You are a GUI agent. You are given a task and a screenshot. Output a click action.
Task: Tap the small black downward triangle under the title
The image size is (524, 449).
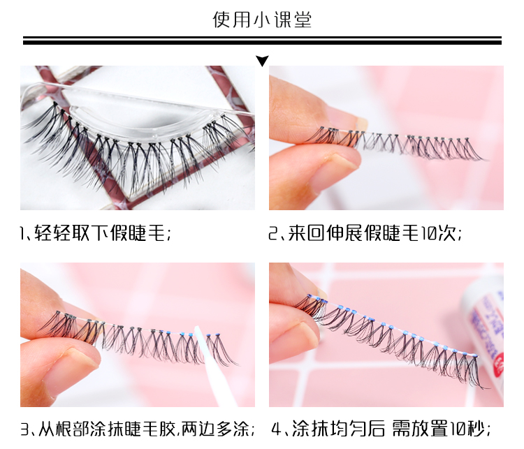pyautogui.click(x=262, y=61)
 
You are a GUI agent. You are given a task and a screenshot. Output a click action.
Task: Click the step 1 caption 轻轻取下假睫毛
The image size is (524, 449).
pyautogui.click(x=95, y=233)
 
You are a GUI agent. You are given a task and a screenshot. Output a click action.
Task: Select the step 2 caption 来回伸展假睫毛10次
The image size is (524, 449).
pyautogui.click(x=365, y=233)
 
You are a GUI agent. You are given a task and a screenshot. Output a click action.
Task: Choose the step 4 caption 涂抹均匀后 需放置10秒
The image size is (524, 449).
pyautogui.click(x=381, y=429)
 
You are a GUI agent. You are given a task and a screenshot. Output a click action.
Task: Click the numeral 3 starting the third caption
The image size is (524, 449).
pyautogui.click(x=25, y=429)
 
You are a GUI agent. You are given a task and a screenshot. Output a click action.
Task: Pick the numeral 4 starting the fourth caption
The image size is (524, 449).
pyautogui.click(x=276, y=429)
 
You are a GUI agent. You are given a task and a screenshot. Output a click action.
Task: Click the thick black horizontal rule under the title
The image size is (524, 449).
pyautogui.click(x=262, y=42)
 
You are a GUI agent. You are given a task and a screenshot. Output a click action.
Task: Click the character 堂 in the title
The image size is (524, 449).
pyautogui.click(x=303, y=20)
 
